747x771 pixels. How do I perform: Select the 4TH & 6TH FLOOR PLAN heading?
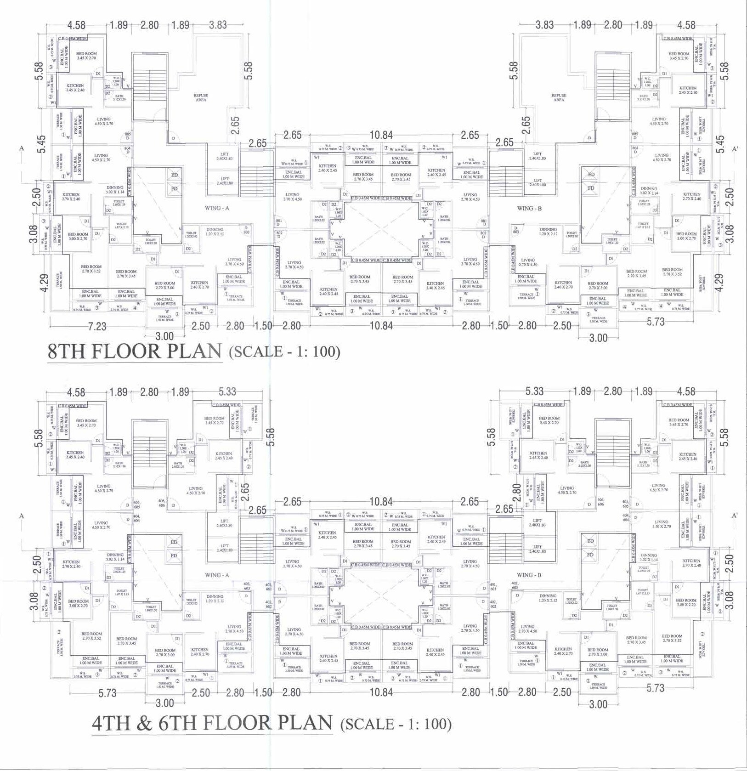click(212, 723)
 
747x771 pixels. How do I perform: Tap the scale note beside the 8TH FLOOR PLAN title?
click(284, 352)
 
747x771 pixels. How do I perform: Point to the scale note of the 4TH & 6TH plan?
click(396, 724)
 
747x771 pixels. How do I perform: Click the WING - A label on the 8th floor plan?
click(217, 208)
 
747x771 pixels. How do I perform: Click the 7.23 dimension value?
click(97, 326)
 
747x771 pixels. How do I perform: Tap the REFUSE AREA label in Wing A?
click(201, 97)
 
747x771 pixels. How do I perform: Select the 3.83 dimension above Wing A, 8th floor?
click(218, 25)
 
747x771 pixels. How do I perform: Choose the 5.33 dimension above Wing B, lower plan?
click(534, 391)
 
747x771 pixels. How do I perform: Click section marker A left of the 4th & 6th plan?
click(21, 516)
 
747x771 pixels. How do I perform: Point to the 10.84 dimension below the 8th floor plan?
click(381, 325)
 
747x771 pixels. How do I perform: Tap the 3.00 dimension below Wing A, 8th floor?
click(164, 336)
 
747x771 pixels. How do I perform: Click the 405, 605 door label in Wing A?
click(136, 504)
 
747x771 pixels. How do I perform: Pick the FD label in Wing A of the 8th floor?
click(175, 188)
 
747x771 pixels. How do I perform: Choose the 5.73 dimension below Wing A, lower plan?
click(108, 693)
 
